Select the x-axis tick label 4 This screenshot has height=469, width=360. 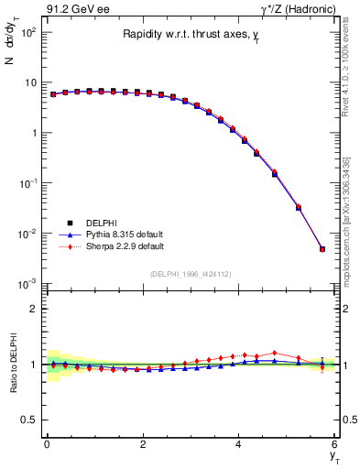pos(238,445)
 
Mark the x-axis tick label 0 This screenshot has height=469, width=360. pos(47,445)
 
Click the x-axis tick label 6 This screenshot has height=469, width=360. pos(334,445)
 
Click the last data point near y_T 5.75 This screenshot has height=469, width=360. pos(322,249)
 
